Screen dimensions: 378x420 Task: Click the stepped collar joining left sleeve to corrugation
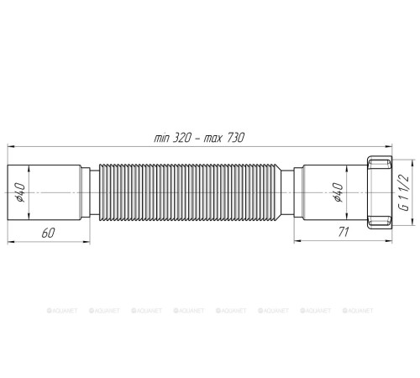(89, 196)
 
